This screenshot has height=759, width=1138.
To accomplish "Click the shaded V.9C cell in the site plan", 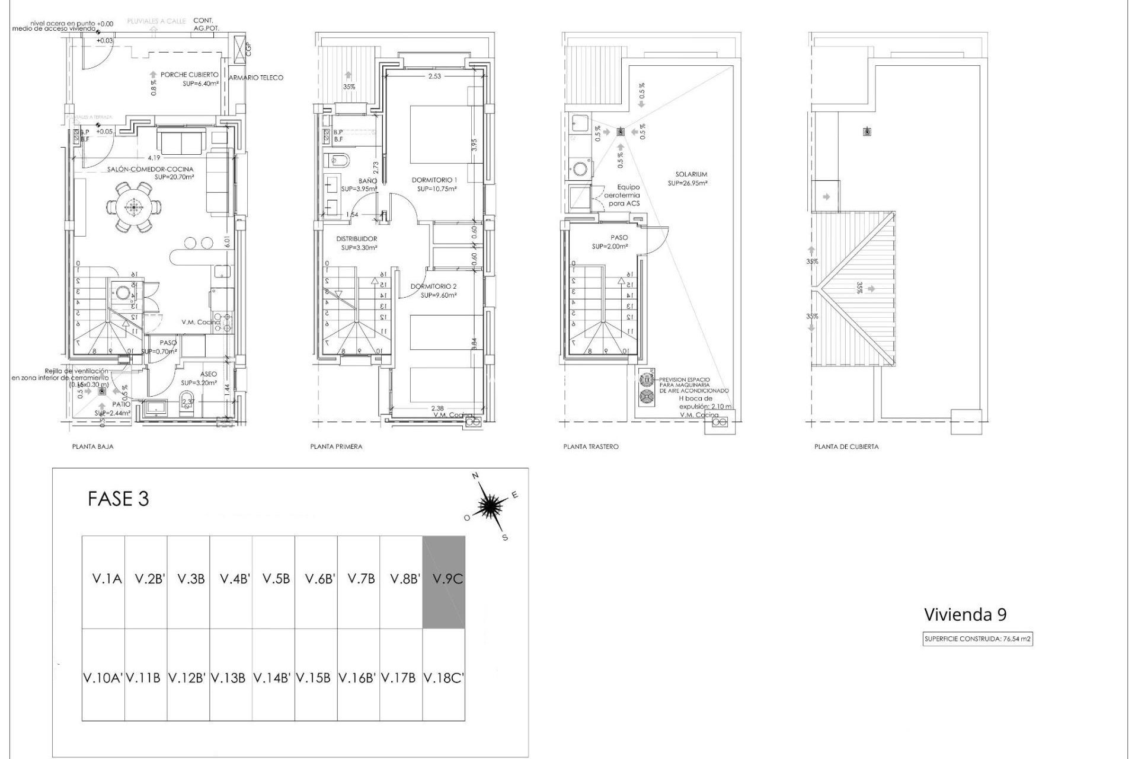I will (x=443, y=582).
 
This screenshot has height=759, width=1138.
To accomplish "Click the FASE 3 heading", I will (x=118, y=499).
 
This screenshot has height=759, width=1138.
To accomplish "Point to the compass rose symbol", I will (x=490, y=506).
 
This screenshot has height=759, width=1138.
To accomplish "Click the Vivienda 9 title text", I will (x=965, y=614).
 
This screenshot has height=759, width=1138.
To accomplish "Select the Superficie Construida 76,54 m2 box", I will (x=978, y=639).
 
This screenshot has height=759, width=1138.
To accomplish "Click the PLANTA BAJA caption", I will (x=93, y=447).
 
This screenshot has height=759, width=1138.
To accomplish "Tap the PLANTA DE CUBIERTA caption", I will (x=846, y=447).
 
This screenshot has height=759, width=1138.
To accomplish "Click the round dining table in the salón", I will (x=133, y=207).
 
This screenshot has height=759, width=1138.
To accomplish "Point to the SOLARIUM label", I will (x=691, y=174).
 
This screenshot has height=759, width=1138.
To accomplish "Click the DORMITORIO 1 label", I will (x=434, y=180).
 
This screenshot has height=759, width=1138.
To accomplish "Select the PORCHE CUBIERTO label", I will (x=189, y=75).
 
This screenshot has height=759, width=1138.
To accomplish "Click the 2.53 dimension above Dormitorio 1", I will (x=434, y=76).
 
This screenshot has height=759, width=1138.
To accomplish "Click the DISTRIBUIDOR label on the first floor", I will (x=357, y=239).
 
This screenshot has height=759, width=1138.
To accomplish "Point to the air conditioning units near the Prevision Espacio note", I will (x=647, y=388).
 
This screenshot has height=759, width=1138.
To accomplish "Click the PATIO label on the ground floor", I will (x=121, y=404).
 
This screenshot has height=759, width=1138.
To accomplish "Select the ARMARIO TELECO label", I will (x=256, y=78).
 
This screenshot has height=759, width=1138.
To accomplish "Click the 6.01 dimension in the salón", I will (x=227, y=243).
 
